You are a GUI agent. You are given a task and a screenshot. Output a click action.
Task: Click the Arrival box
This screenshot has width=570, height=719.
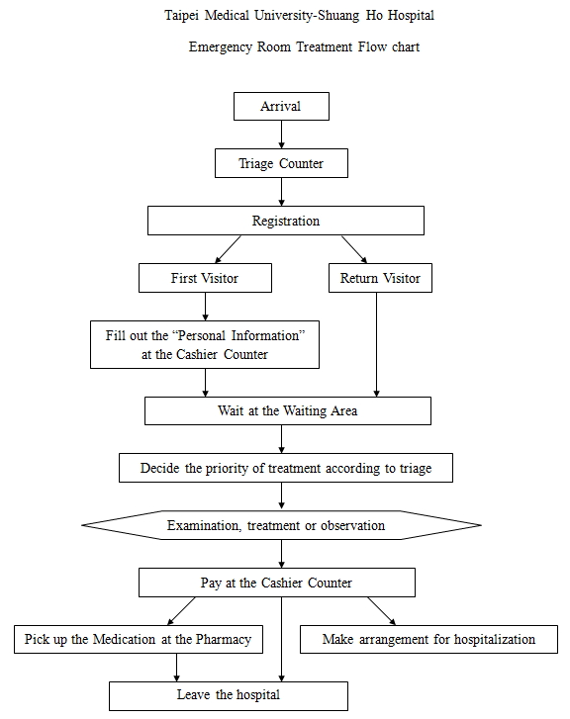(x=281, y=107)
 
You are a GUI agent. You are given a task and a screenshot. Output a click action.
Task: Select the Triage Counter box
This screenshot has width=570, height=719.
(x=281, y=163)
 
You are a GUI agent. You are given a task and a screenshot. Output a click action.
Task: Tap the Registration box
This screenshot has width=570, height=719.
(x=285, y=221)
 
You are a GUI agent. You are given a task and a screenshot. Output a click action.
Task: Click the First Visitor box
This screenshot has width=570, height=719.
(x=205, y=278)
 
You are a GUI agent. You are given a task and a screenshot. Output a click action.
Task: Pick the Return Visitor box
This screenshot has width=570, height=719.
(x=380, y=278)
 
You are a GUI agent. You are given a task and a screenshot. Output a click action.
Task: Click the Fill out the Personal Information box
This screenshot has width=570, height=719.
(x=205, y=344)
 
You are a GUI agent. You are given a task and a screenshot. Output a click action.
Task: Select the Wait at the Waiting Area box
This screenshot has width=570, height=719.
(x=288, y=410)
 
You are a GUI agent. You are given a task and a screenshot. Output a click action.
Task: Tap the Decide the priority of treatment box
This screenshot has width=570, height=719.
(x=285, y=468)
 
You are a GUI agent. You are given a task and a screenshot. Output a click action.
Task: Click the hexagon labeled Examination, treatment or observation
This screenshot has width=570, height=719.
(x=281, y=525)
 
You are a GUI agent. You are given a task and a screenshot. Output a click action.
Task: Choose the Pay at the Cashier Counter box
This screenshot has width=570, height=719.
(x=277, y=583)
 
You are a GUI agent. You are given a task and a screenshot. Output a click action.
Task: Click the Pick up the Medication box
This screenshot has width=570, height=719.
(x=139, y=639)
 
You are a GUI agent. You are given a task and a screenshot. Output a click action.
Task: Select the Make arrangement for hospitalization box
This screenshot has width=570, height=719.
(x=428, y=639)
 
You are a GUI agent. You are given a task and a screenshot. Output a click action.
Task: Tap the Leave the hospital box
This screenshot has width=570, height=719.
(x=228, y=696)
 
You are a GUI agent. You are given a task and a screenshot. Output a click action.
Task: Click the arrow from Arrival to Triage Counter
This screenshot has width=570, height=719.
(x=281, y=135)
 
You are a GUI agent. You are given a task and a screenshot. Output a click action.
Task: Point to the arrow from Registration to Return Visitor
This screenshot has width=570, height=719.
(x=354, y=249)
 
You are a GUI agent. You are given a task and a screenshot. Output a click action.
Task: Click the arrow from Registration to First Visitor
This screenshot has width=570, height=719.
(x=228, y=249)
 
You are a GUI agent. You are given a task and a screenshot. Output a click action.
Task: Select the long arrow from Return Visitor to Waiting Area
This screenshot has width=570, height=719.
(x=376, y=344)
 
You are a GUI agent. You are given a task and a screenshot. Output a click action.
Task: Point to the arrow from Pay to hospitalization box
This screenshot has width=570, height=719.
(x=381, y=611)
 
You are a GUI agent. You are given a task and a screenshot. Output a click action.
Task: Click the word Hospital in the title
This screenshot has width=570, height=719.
(x=411, y=16)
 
